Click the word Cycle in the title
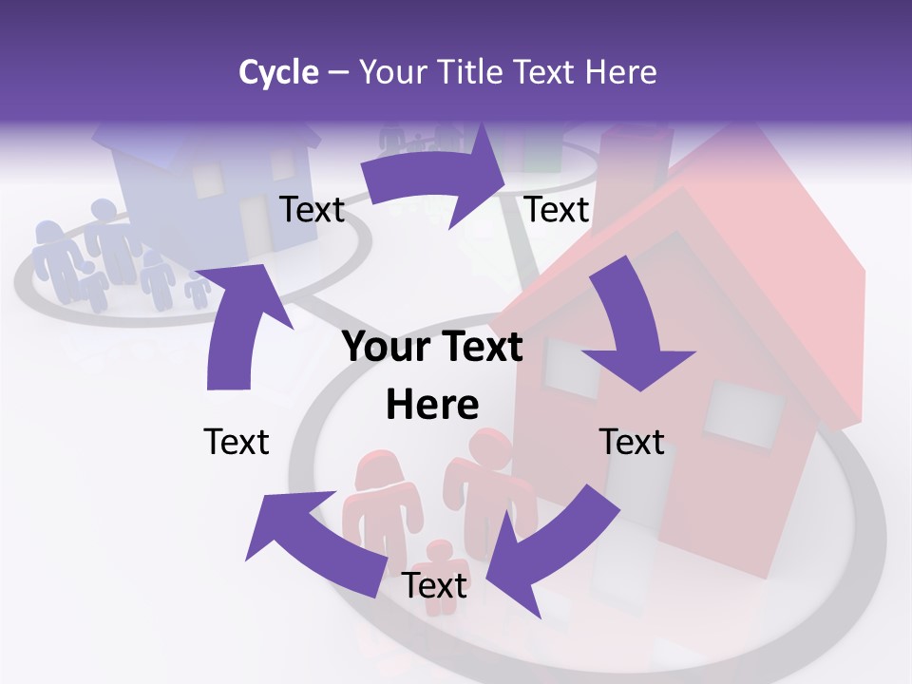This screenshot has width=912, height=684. (x=278, y=72)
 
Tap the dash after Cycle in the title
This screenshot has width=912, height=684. (x=338, y=72)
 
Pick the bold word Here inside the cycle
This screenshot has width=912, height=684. (x=432, y=405)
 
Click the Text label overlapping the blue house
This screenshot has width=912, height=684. (x=312, y=209)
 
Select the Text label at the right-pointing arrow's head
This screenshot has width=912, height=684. (x=557, y=209)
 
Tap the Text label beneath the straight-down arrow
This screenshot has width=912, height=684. (x=632, y=442)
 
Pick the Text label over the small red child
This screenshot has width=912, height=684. (x=434, y=585)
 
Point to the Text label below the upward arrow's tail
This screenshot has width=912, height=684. (x=237, y=442)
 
